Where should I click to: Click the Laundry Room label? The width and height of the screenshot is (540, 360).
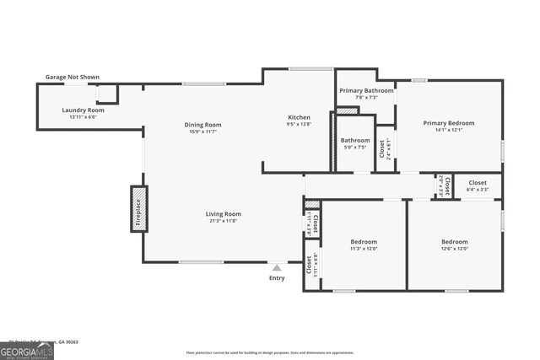coord(83,110)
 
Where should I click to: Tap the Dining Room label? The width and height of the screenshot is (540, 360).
coord(202,124)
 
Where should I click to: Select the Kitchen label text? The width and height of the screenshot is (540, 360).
coord(299,117)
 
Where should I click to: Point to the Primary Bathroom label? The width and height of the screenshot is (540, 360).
coord(366,90)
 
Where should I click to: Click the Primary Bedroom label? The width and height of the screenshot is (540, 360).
coord(448,123)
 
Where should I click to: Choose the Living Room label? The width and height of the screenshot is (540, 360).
coord(224,213)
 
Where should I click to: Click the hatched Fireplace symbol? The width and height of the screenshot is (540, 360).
coord(138,207)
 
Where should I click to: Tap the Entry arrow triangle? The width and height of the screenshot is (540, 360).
coord(276,267)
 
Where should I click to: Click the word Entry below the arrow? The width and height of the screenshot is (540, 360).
coord(277,278)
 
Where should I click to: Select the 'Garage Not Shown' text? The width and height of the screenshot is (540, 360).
coord(72,78)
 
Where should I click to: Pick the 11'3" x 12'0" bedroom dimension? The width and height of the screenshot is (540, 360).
coord(364,249)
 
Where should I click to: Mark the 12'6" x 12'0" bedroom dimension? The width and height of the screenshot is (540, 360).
coord(454,249)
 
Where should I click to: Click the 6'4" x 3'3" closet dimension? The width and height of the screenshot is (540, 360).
coord(478,190)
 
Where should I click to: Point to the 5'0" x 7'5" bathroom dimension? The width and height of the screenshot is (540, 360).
coord(354,148)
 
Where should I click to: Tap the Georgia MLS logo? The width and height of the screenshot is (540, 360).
coord(27,350)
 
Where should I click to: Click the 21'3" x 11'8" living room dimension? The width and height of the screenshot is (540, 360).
coord(224,221)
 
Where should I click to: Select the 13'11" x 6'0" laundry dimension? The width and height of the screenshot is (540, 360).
coord(83,117)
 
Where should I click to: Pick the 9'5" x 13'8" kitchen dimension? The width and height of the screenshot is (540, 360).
coord(299,125)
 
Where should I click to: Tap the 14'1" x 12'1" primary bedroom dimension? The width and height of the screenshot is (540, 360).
coord(448,131)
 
